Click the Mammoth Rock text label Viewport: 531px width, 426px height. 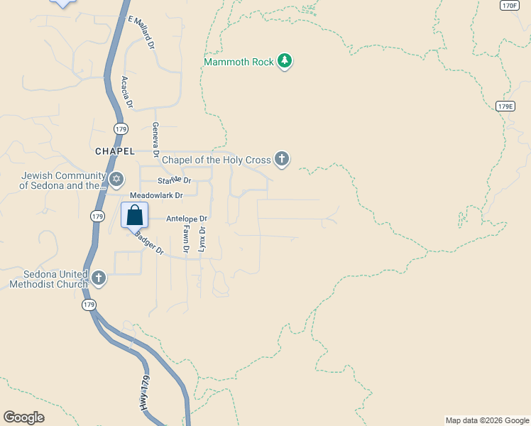coord(239,62)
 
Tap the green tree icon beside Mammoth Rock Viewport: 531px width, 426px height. coord(285,61)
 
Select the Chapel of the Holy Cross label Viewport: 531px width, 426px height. coord(217,160)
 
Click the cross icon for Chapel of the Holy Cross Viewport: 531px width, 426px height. coord(282,159)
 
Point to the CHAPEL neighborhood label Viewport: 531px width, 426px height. coord(114,151)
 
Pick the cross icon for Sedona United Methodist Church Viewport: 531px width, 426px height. coord(99,278)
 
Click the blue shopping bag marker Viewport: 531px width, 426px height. coord(134,214)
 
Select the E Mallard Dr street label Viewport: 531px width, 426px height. coord(141,32)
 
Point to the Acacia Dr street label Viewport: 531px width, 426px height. coord(127,92)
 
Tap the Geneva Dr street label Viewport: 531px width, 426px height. coord(155,138)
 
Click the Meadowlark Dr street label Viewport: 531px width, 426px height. coord(156,195)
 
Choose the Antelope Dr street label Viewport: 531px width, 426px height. coord(187,219)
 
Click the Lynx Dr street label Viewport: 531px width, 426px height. coord(202,239)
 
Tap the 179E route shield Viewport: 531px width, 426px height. coord(505,106)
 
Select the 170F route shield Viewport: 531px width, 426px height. coord(508,5)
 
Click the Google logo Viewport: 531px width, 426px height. coord(23,417)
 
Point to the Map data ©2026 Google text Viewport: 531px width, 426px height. coord(487,420)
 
